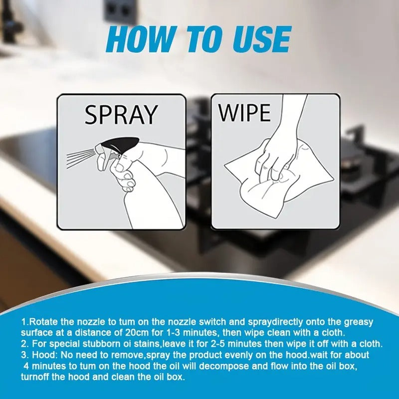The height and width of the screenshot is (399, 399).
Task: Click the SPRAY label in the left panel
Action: tap(120, 115)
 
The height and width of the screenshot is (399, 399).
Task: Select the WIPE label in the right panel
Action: tap(244, 113)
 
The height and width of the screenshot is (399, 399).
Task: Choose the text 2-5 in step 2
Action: tap(218, 344)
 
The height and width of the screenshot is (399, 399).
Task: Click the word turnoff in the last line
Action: tap(35, 377)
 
